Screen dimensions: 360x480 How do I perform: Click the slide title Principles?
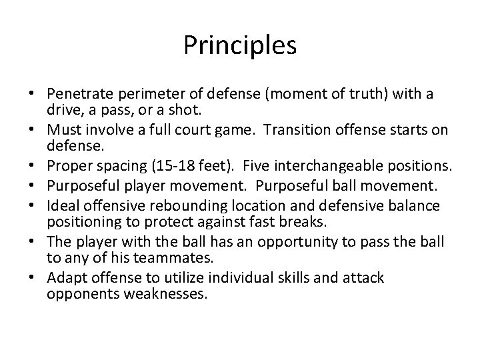[x=240, y=46]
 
